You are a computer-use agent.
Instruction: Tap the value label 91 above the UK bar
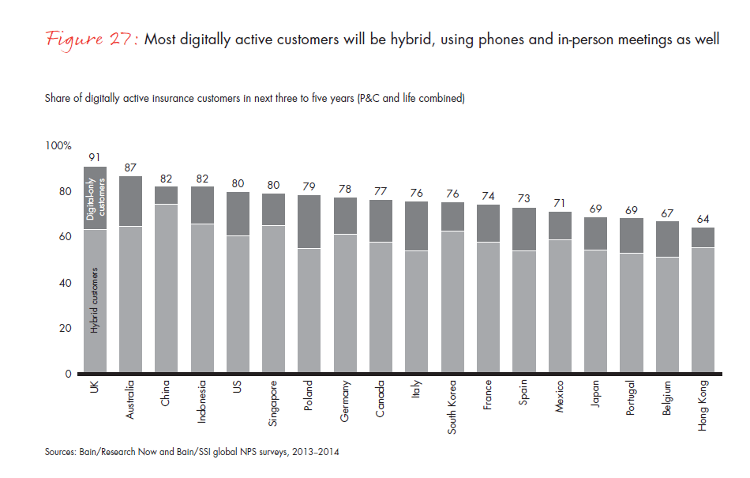(95, 157)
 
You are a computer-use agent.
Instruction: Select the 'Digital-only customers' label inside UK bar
(95, 198)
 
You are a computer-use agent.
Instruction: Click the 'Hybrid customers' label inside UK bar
(95, 300)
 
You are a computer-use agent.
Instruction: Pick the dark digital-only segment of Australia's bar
(130, 201)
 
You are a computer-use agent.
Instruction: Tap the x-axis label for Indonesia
(202, 402)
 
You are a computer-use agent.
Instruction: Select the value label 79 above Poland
(309, 186)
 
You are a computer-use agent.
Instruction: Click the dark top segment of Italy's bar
(416, 226)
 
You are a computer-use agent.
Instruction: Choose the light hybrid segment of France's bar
(487, 307)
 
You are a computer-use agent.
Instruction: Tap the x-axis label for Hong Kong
(702, 405)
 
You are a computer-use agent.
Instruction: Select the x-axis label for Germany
(345, 402)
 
